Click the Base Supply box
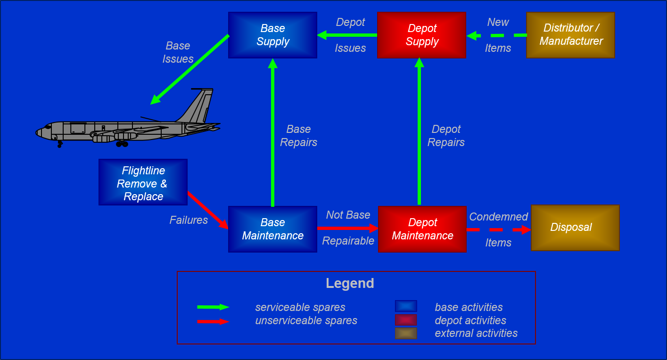click(x=272, y=35)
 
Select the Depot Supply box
click(x=421, y=35)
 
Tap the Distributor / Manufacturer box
click(x=570, y=35)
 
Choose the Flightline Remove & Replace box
click(x=143, y=182)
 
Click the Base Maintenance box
click(x=272, y=229)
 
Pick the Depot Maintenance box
click(x=422, y=229)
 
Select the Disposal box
click(x=575, y=228)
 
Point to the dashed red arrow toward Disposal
click(x=498, y=230)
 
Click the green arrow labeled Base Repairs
click(x=272, y=132)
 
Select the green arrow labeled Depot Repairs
click(x=419, y=132)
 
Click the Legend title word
click(x=350, y=284)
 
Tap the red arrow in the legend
click(x=213, y=322)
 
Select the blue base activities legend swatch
click(x=406, y=306)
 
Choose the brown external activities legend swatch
click(x=406, y=334)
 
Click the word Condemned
click(x=498, y=217)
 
